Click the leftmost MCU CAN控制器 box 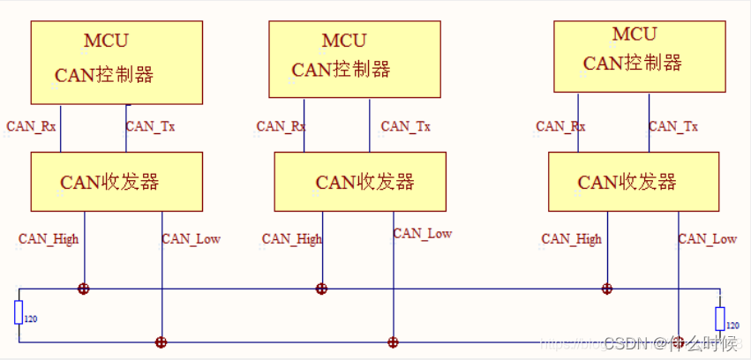point(116,63)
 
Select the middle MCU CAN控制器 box point(355,59)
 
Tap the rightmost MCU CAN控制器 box point(635,56)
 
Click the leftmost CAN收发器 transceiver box point(116,181)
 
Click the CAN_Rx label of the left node point(31,126)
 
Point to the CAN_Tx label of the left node point(151,126)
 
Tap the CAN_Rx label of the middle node point(282,126)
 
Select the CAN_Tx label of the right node point(673,126)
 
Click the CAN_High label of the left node point(49,239)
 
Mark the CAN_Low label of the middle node point(423,234)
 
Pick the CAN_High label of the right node point(572,239)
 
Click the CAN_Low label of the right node point(708,239)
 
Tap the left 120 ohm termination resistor point(19,312)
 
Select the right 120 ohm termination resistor point(720,319)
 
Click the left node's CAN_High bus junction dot point(84,289)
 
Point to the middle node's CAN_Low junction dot point(393,342)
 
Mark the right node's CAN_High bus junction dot point(606,289)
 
